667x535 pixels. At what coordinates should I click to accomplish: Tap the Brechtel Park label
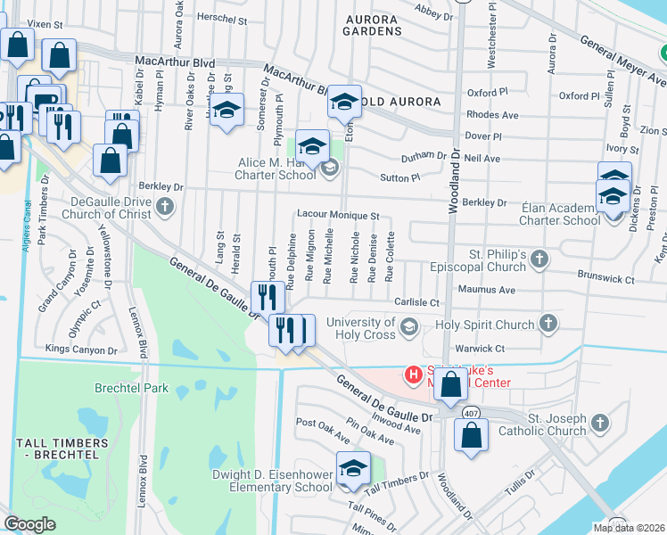tap(132, 388)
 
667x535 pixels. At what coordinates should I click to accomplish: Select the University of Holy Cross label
tap(361, 328)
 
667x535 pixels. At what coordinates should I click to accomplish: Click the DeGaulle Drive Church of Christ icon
tap(164, 208)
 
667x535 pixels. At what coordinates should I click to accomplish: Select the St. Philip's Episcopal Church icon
tap(538, 259)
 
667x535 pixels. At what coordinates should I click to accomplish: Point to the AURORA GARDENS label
tap(372, 22)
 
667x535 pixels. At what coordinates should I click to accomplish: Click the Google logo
tap(29, 524)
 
